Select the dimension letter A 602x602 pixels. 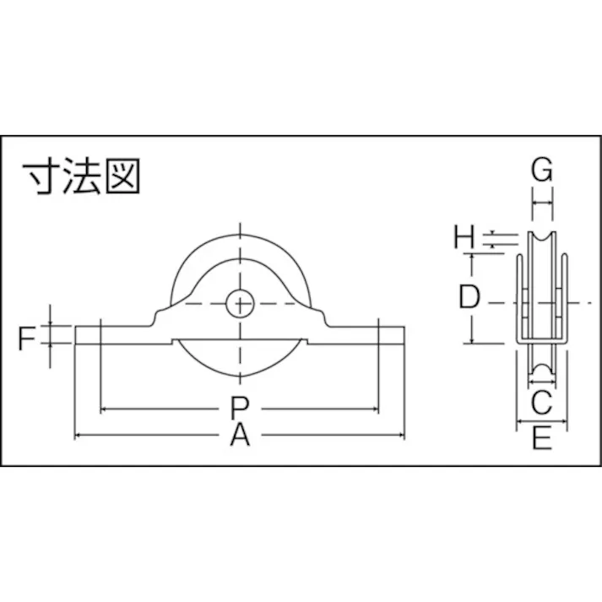[x=241, y=437]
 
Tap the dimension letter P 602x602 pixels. [x=240, y=409]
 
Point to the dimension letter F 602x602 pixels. [x=27, y=339]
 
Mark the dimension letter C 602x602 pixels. [x=541, y=400]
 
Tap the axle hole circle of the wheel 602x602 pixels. [x=241, y=303]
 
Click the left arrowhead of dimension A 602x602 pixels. [x=79, y=436]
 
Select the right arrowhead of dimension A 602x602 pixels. [x=401, y=436]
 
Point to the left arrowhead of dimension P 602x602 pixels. [x=104, y=409]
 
